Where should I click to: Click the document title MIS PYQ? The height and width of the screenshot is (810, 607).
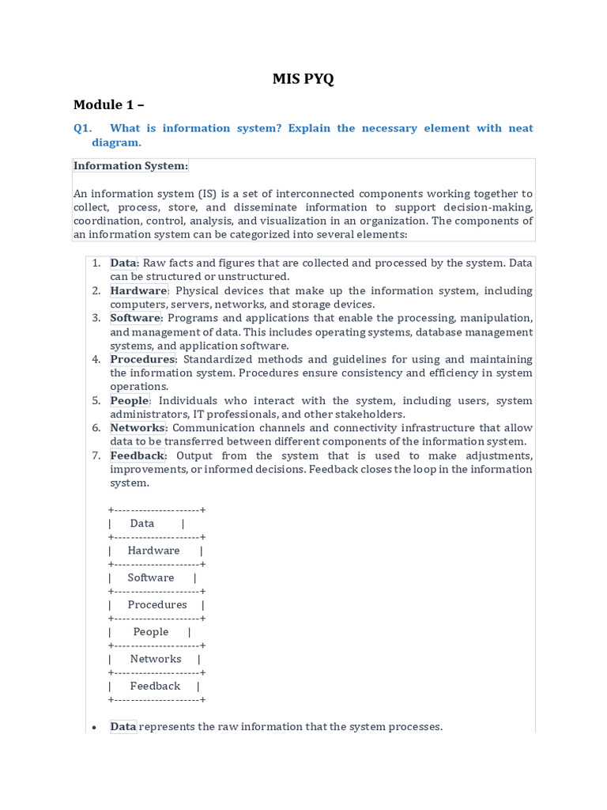303,78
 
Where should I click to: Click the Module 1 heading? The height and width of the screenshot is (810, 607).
109,104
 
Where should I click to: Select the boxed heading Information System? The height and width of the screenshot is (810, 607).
131,165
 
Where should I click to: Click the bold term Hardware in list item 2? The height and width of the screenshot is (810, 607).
138,290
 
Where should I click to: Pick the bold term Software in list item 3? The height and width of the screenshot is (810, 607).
135,318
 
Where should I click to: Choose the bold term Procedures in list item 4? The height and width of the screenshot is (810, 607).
142,359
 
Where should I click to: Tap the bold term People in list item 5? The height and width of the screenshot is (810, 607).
129,400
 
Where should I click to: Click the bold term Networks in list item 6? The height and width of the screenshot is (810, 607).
138,428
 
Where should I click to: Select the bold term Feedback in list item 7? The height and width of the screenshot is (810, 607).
138,456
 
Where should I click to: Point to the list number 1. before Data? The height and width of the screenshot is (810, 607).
95,263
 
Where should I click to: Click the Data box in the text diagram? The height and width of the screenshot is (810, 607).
142,524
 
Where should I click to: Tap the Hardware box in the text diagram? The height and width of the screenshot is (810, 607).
154,551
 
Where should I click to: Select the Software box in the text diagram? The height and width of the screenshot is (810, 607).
151,577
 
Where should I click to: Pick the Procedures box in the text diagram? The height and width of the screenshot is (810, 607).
157,604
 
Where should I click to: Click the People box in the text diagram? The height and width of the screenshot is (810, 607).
151,632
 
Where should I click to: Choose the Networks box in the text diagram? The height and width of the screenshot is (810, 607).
156,659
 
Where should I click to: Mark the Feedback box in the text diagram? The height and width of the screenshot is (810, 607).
155,686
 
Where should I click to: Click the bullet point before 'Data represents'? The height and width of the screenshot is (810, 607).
94,727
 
